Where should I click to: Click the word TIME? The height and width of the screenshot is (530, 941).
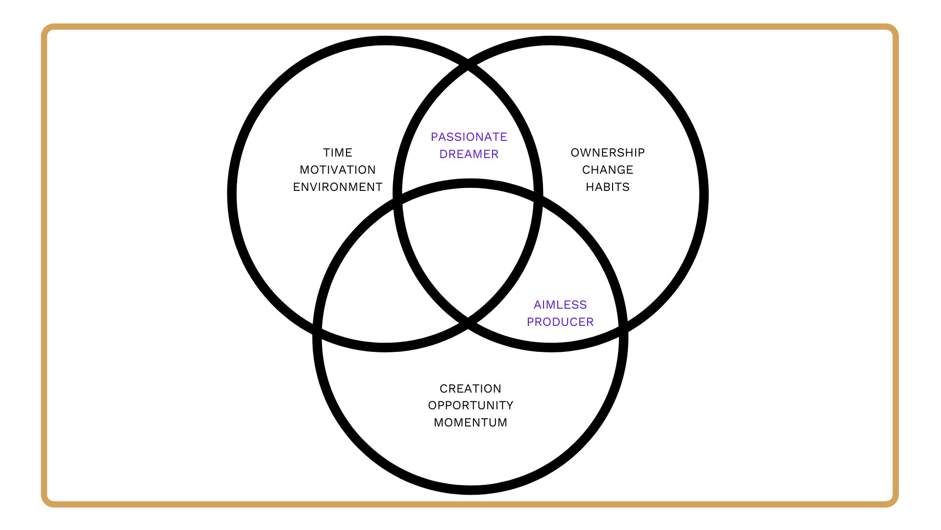point(338,153)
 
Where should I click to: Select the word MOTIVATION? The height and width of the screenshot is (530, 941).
point(338,170)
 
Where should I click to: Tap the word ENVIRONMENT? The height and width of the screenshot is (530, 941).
point(338,187)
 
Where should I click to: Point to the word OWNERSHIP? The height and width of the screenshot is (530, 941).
point(608,153)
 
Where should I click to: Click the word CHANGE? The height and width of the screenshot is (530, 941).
point(608,170)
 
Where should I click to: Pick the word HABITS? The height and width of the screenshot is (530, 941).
point(608,187)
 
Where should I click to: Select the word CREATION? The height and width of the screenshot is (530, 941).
point(470,389)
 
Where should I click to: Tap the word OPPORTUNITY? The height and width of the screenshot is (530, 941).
point(470,405)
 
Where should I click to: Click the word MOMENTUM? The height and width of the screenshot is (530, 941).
point(470,423)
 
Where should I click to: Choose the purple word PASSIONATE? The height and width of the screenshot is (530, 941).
point(469,137)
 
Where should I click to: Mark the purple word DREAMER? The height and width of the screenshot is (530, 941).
point(469,154)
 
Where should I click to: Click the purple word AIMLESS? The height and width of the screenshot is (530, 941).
point(560,305)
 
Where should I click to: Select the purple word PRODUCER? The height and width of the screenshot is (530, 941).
point(560,322)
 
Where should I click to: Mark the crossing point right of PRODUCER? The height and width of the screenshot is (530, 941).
point(623,330)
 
